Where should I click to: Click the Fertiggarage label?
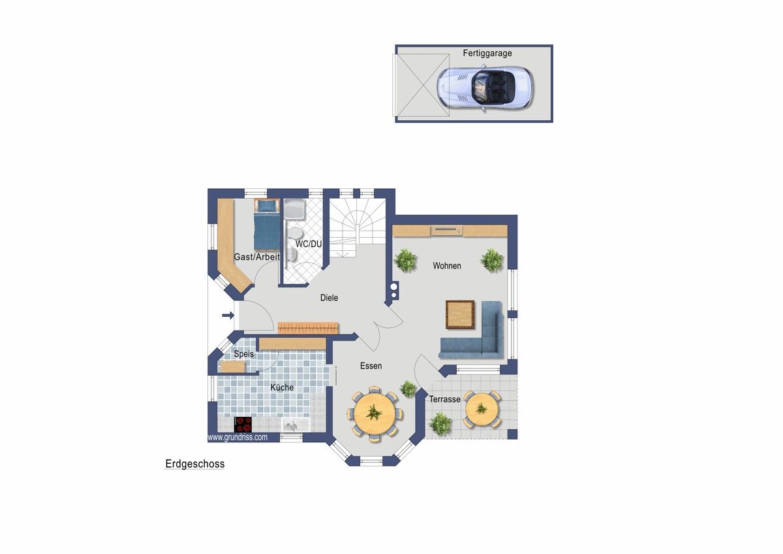[487, 53]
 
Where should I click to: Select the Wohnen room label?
[447, 266]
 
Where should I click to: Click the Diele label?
[329, 298]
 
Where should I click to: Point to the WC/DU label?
[308, 244]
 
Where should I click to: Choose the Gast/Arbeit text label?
[256, 257]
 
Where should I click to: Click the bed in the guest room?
[267, 224]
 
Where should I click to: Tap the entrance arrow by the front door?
[228, 316]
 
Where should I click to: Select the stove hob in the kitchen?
[243, 424]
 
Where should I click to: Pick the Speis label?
[243, 354]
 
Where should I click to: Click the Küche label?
[282, 387]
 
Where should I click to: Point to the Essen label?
[371, 366]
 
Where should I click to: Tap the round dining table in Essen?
[374, 414]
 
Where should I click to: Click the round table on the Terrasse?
[482, 409]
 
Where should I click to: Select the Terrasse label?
[444, 399]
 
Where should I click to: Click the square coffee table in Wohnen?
[460, 314]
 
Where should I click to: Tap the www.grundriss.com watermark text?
[238, 438]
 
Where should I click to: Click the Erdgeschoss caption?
[194, 464]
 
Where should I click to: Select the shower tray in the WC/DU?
[294, 209]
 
